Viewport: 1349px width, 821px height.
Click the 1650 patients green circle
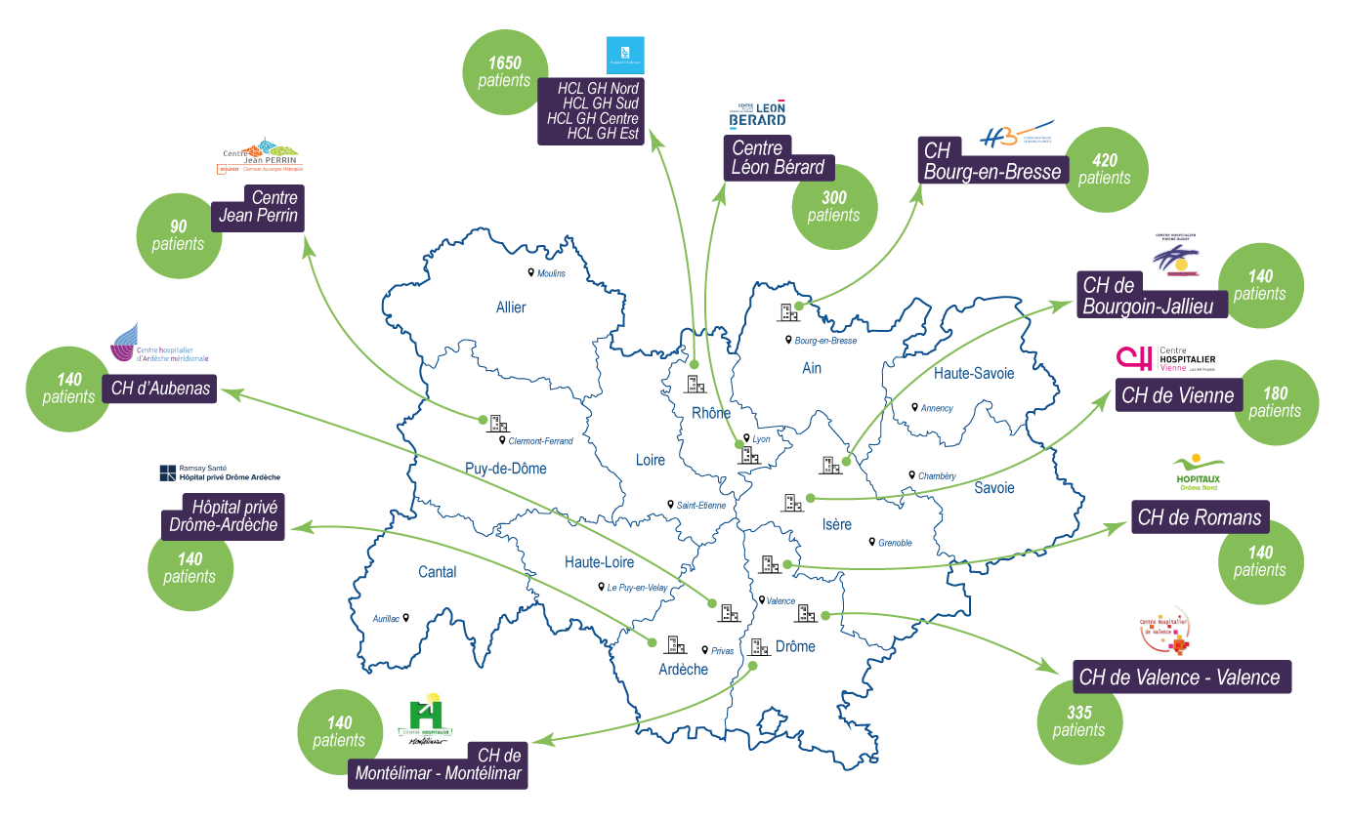(x=505, y=72)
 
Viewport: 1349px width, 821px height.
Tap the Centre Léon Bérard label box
(x=778, y=158)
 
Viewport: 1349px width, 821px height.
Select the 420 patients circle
(x=1105, y=169)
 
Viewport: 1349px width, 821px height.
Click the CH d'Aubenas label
(x=160, y=389)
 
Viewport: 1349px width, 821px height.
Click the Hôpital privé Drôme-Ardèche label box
(x=224, y=515)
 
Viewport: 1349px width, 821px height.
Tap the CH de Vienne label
(x=1178, y=395)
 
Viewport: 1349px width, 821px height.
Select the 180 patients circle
(x=1275, y=402)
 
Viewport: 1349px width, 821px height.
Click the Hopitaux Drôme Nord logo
(x=1198, y=471)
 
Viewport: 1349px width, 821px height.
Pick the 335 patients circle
(x=1079, y=721)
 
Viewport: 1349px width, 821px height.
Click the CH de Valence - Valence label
(x=1181, y=677)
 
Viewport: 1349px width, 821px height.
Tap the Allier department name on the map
(x=511, y=308)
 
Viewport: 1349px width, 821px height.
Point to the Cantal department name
(x=437, y=572)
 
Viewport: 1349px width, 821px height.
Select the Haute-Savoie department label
(x=974, y=373)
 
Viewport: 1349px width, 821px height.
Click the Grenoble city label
(x=894, y=543)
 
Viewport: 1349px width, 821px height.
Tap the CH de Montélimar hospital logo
(x=425, y=718)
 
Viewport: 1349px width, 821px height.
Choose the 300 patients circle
(x=833, y=207)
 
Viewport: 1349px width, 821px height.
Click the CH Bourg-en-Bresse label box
(x=991, y=162)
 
